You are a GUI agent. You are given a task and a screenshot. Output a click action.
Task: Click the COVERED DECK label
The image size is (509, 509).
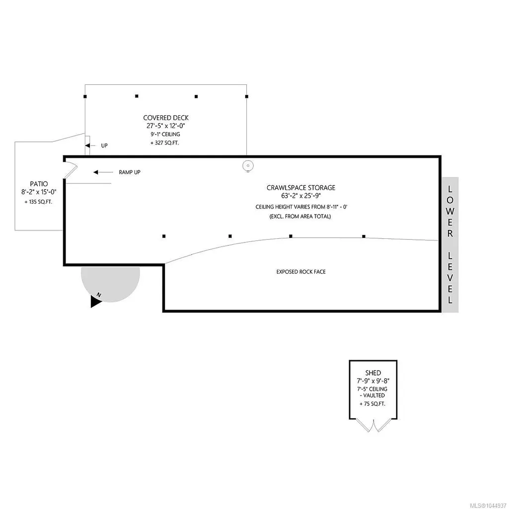pyautogui.click(x=166, y=118)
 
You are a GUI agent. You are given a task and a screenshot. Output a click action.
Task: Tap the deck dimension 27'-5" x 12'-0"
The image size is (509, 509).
pyautogui.click(x=165, y=126)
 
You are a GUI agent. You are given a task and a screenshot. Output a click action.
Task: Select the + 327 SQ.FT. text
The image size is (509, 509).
pyautogui.click(x=164, y=143)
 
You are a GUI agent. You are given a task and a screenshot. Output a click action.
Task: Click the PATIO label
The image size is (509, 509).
pyautogui.click(x=39, y=184)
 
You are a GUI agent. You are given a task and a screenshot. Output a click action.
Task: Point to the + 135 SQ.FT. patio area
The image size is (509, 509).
pyautogui.click(x=38, y=202)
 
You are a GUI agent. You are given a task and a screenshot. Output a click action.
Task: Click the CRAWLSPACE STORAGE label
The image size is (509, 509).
pyautogui.click(x=301, y=188)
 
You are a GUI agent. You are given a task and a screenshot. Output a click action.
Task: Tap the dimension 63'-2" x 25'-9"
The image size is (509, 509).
pyautogui.click(x=301, y=196)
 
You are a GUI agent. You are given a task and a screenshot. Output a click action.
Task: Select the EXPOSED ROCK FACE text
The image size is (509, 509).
pyautogui.click(x=301, y=272)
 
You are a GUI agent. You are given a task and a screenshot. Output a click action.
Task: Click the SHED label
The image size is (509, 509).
pyautogui.click(x=373, y=373)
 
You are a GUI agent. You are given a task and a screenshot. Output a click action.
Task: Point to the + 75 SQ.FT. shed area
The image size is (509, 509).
pyautogui.click(x=372, y=404)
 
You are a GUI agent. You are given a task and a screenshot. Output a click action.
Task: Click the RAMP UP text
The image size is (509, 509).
pyautogui.click(x=130, y=172)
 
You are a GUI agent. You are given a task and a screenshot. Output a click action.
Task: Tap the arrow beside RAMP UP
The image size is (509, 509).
pyautogui.click(x=103, y=172)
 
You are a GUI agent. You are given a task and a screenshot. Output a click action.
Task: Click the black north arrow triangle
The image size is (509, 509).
pyautogui.click(x=96, y=301)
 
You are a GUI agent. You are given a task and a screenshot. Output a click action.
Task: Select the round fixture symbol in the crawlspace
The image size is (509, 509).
pyautogui.click(x=248, y=166)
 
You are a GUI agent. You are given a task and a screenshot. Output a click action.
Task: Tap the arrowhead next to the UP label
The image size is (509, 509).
pyautogui.click(x=87, y=146)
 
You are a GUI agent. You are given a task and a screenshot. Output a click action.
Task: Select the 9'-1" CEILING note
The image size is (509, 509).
pyautogui.click(x=165, y=135)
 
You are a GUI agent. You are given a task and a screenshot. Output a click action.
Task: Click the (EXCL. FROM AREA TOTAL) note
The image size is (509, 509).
pyautogui.click(x=300, y=217)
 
